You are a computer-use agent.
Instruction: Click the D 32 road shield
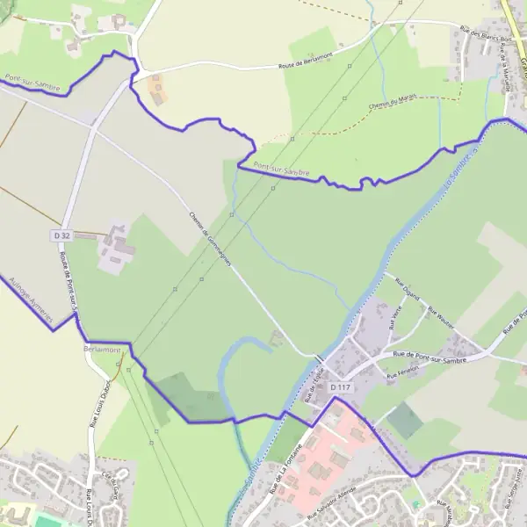pos(61,236)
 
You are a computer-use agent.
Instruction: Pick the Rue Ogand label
pos(407,288)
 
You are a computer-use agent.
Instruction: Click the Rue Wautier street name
pos(440,316)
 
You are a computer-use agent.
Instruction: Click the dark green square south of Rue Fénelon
pos(405,421)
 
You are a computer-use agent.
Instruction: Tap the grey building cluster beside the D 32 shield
pos(117,248)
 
